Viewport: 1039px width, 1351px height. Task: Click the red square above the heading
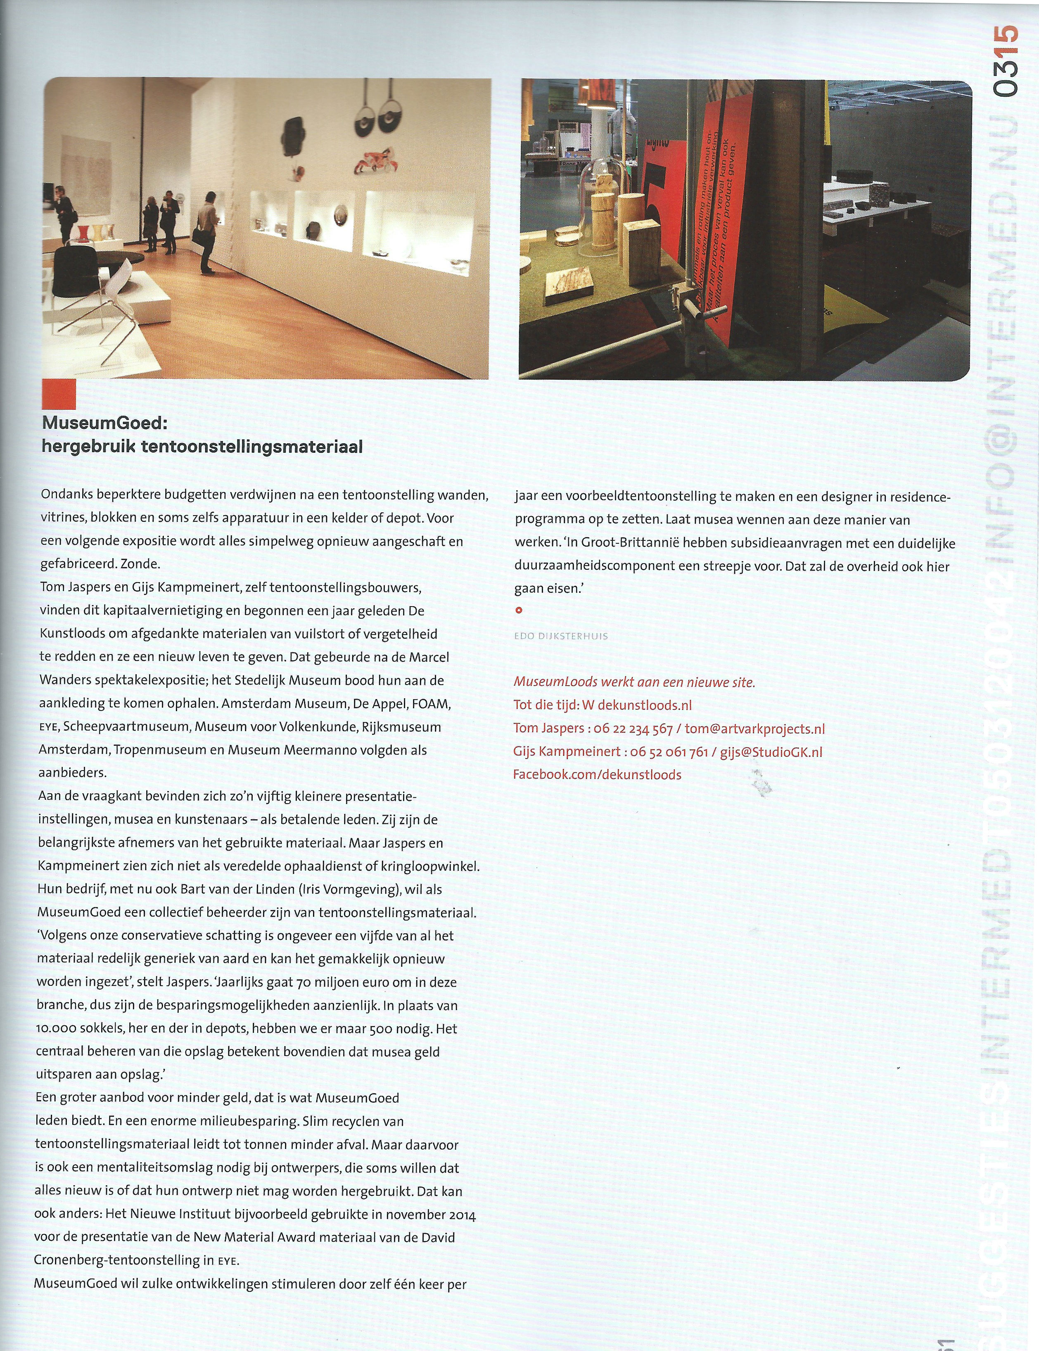[59, 394]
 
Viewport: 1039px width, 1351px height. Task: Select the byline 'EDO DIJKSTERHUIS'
[561, 636]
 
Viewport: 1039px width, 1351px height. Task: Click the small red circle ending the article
[519, 610]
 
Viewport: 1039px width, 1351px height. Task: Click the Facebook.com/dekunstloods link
[597, 775]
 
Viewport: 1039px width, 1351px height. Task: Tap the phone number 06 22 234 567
[633, 729]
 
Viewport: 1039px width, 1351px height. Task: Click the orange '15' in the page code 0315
[1007, 42]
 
